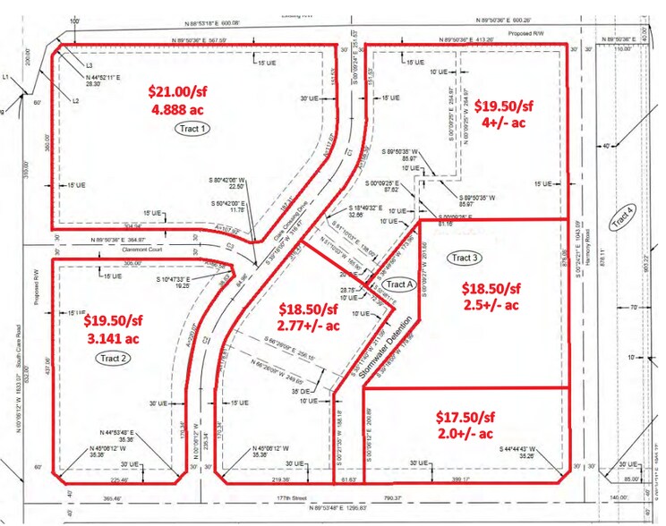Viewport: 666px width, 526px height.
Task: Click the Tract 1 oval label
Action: pos(191,128)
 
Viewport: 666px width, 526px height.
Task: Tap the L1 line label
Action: pos(4,78)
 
